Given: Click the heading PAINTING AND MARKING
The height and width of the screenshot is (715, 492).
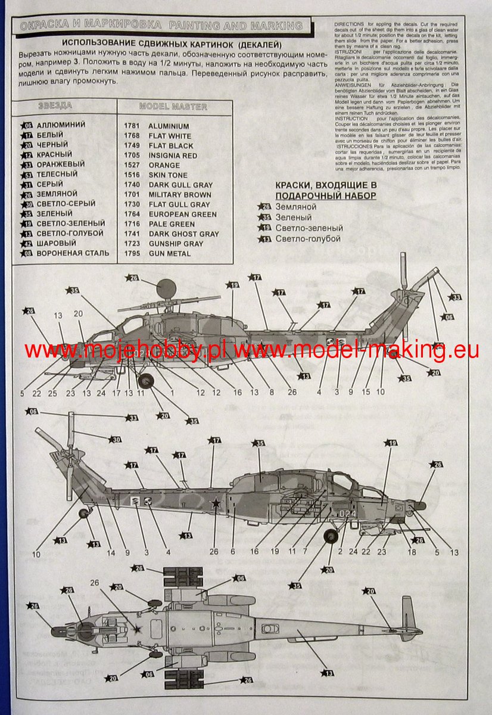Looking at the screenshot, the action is click(x=236, y=26).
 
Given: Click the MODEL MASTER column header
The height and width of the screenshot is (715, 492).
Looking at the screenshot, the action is click(x=173, y=107).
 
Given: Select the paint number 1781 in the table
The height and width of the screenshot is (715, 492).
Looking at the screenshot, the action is click(x=132, y=126).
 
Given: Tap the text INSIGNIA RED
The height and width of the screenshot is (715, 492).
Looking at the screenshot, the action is click(x=173, y=156).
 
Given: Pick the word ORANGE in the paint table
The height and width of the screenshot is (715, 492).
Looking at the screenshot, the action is click(x=164, y=166).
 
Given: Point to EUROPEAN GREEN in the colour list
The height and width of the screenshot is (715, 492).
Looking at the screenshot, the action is click(x=182, y=214).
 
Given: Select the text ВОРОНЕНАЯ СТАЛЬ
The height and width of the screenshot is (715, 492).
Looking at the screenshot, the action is click(x=73, y=253).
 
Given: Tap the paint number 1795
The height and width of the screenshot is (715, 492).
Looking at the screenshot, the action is click(x=132, y=254).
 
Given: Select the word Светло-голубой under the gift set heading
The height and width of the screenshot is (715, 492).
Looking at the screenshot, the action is click(x=308, y=238).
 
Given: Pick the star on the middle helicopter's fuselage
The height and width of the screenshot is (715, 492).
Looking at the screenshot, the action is click(x=216, y=503).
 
